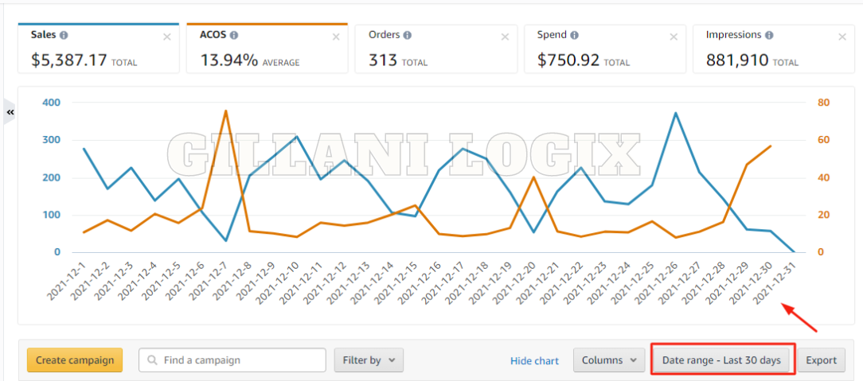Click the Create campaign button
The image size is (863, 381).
coord(75,360)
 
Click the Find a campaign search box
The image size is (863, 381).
coord(232,360)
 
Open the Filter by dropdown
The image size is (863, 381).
coord(369,360)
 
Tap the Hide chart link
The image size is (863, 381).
coord(534,360)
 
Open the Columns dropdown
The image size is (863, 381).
coord(609,360)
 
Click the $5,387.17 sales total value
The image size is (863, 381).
coord(69,60)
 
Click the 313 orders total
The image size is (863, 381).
coord(383,60)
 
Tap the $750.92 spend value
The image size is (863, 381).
coord(568,60)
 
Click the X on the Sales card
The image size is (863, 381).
coord(166,37)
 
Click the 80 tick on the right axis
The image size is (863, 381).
coord(823,103)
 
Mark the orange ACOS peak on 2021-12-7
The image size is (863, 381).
coord(226,111)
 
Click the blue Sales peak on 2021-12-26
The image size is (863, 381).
coord(676,113)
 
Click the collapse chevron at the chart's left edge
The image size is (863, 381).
coord(10,113)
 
